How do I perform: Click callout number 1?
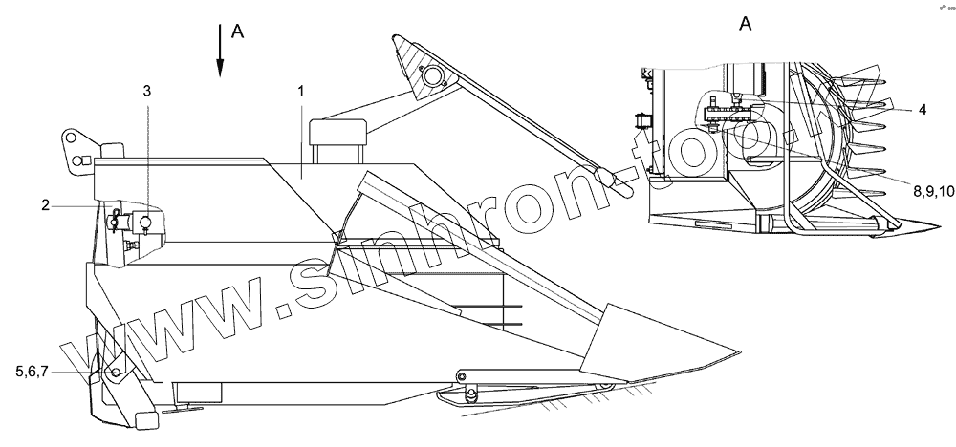tap(300, 92)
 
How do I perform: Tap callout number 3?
tap(146, 91)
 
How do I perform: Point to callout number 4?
tap(922, 110)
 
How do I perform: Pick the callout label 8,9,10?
tap(920, 191)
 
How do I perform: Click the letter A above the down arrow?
tap(238, 32)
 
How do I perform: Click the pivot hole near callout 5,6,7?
tap(115, 372)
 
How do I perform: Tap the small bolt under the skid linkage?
tap(468, 395)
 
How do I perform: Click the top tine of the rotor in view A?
tap(865, 79)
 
